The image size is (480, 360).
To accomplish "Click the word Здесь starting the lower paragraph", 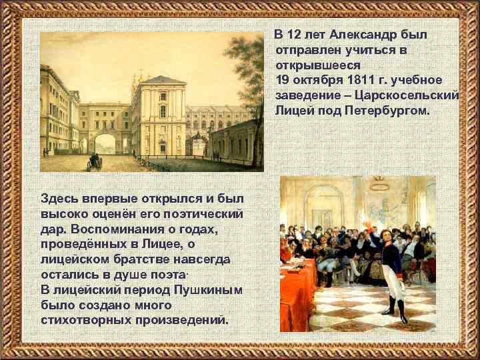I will pyautogui.click(x=60, y=199).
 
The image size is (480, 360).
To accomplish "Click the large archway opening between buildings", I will pyautogui.click(x=105, y=144).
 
